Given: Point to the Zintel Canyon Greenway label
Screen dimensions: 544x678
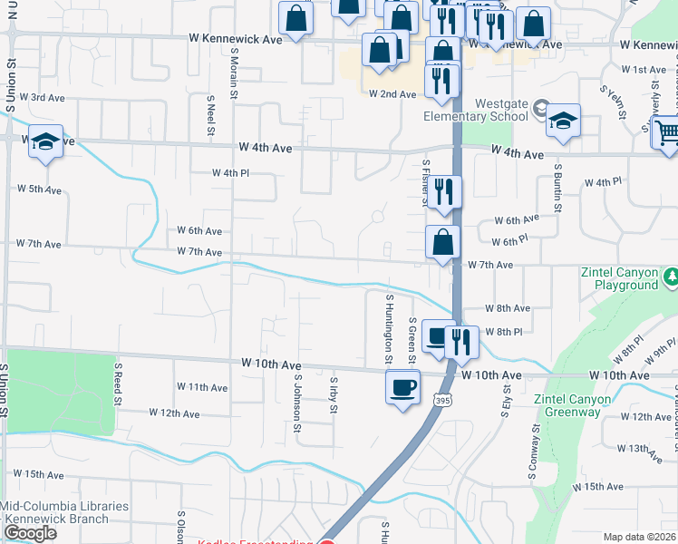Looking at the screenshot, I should [585, 405].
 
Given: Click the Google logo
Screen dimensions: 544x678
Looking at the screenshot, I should [30, 533].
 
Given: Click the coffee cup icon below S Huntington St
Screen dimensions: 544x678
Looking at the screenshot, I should [402, 387].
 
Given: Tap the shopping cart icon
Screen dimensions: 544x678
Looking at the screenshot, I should [666, 132].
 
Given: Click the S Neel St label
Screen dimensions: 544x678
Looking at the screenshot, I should [210, 113].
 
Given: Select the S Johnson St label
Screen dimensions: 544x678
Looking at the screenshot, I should [297, 398].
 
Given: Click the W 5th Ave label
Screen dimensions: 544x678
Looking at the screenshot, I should [38, 190].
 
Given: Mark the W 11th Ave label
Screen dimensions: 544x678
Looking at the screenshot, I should [202, 387].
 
